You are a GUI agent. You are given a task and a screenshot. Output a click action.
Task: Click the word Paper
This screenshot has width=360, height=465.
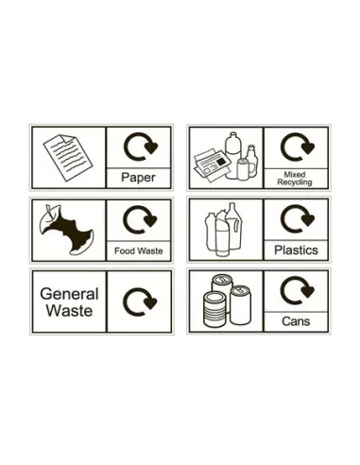click(138, 176)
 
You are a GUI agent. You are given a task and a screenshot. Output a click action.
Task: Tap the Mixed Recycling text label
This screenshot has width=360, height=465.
click(295, 178)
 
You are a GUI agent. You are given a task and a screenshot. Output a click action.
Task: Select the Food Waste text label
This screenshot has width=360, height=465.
click(138, 250)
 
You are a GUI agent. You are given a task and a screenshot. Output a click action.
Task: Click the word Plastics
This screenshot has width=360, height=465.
click(295, 250)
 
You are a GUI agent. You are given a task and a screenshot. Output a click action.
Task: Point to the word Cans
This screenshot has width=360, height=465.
click(295, 322)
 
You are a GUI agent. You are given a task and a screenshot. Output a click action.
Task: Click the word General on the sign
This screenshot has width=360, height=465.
click(68, 293)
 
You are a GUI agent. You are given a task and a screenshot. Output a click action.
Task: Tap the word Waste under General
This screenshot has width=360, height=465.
click(68, 310)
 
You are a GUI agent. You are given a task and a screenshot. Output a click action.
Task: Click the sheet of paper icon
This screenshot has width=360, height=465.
click(67, 153)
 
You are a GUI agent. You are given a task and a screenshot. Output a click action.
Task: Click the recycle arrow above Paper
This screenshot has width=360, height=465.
click(139, 147)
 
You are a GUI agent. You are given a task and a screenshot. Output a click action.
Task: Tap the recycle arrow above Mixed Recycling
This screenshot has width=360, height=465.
click(296, 147)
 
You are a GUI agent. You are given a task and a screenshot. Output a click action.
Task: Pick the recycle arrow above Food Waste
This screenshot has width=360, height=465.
click(139, 220)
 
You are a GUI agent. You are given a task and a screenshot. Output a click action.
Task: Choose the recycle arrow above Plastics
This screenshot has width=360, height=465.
click(296, 220)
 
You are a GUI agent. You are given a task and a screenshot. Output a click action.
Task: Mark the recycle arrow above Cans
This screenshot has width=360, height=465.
click(296, 290)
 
